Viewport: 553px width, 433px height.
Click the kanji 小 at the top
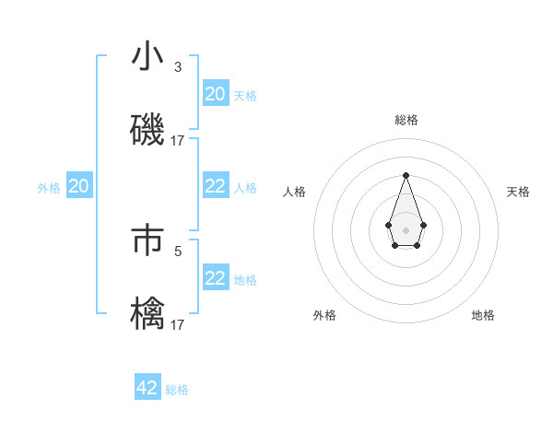coord(147,57)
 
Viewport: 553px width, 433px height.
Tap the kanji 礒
coord(147,130)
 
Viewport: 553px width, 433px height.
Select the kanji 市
coord(147,240)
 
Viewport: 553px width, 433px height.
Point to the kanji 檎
coord(147,314)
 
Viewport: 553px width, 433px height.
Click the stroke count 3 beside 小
coord(178,67)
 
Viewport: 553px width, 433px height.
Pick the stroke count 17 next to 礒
coord(178,141)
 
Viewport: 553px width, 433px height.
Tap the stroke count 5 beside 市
coord(178,251)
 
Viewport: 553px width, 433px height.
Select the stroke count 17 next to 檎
coord(178,324)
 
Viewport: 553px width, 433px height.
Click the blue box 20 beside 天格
coord(215,94)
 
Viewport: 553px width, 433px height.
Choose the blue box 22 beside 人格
coord(215,186)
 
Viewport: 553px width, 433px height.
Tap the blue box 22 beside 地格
coord(215,278)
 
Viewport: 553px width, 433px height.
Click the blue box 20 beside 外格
coord(78,186)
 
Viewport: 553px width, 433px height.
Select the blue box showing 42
coord(147,388)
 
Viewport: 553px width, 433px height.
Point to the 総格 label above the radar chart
coord(406,120)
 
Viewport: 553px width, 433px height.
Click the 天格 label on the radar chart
coord(518,192)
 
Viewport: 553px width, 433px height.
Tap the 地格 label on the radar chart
coord(483,315)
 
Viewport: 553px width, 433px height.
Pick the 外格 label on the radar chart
coord(324,315)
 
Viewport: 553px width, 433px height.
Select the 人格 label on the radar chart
coord(295,192)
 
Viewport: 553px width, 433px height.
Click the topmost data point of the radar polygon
coord(406,175)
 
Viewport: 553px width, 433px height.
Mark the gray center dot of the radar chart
coord(406,228)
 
